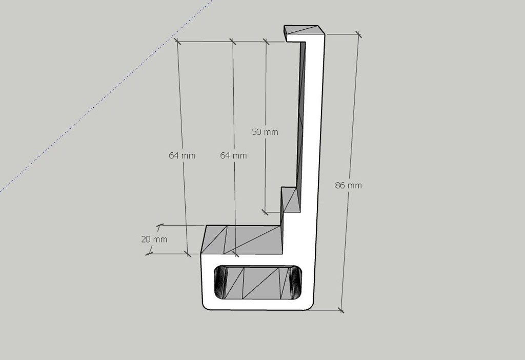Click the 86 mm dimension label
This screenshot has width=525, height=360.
pos(348,185)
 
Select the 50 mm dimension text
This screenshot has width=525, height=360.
pos(265,132)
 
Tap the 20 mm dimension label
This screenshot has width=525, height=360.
pos(154,239)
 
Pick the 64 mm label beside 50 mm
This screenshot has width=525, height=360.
pos(233,155)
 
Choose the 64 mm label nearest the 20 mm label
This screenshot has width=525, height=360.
pos(182,155)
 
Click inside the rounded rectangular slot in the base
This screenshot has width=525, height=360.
pos(258,282)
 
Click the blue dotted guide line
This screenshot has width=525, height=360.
pos(106,96)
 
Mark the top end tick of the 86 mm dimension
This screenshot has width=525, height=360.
pos(358,34)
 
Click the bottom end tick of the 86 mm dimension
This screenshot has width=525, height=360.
pos(341,310)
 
